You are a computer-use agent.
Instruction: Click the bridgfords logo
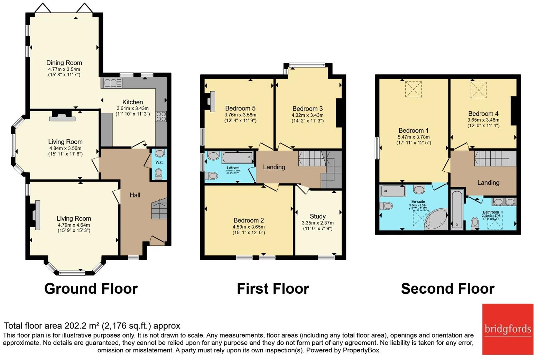click(x=508, y=329)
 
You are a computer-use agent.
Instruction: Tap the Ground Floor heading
click(x=91, y=288)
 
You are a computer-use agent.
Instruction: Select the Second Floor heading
click(x=447, y=288)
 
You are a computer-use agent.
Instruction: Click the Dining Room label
click(x=64, y=63)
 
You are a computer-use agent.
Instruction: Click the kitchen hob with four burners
click(x=161, y=116)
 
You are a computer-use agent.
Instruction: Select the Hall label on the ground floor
click(x=135, y=195)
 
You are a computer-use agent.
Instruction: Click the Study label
click(x=317, y=216)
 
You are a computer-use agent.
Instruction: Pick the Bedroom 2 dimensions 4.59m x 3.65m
click(x=249, y=227)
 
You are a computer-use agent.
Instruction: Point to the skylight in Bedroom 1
click(x=413, y=89)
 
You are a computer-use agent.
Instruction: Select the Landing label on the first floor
click(x=274, y=167)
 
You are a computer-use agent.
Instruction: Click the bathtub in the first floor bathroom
click(x=238, y=158)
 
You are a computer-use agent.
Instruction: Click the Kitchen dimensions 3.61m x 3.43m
click(x=132, y=108)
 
